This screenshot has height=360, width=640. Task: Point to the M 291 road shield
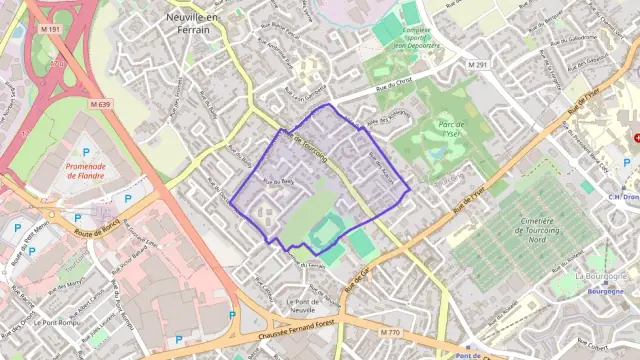[480, 65]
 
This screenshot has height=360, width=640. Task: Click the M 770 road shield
[390, 331]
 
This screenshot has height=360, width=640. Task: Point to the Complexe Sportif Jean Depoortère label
[405, 38]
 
